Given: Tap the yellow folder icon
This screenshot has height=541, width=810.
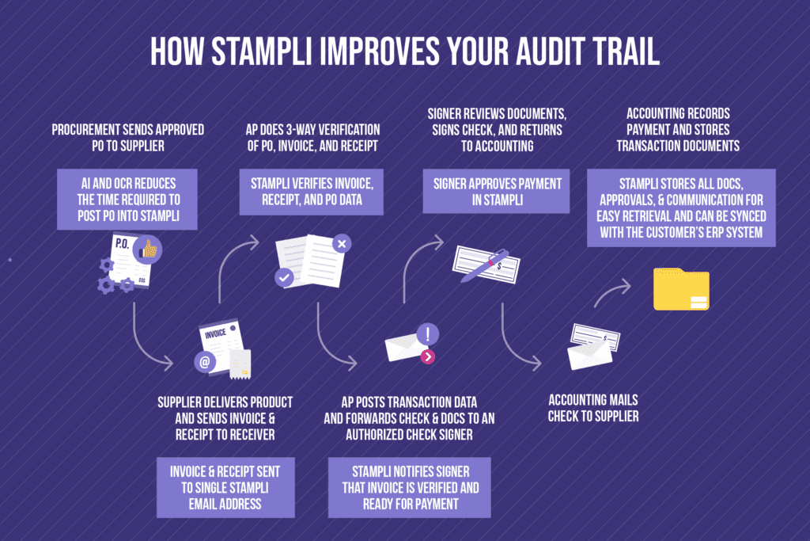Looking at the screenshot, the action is (x=680, y=289).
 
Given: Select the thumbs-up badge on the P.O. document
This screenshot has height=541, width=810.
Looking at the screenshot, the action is (x=148, y=249).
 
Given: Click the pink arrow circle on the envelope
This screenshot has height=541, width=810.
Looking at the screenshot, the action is (x=428, y=356).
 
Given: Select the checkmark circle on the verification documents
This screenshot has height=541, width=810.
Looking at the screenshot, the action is (x=284, y=277).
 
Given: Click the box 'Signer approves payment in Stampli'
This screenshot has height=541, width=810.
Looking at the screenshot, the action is (x=496, y=192).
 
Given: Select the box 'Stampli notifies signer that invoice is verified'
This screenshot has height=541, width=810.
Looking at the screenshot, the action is (x=410, y=486).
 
